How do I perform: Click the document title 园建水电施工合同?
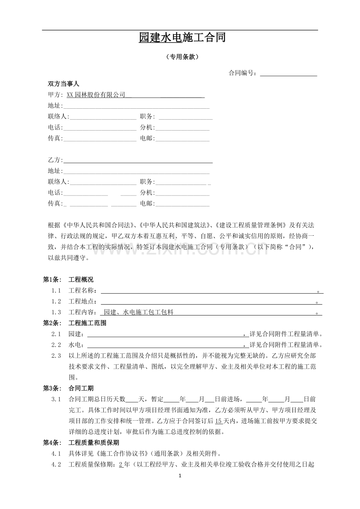click(182, 38)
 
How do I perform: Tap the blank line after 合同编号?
click(288, 73)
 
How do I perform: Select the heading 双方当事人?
click(63, 84)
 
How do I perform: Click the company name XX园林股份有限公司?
click(96, 95)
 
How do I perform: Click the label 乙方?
click(55, 160)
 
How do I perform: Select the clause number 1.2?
click(56, 301)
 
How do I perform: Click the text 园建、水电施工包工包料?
click(139, 312)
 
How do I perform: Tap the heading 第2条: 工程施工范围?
click(74, 323)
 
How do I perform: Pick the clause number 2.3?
click(56, 356)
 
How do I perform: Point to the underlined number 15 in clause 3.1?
click(219, 421)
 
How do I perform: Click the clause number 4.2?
click(56, 464)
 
